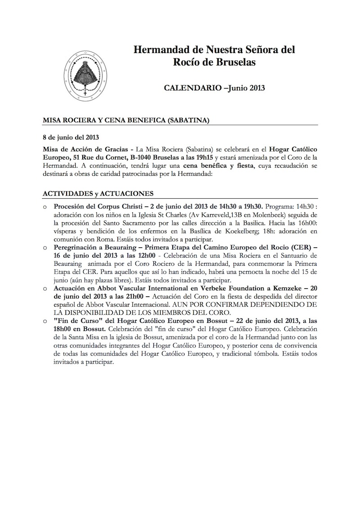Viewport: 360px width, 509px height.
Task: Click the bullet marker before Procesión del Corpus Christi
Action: tap(45, 207)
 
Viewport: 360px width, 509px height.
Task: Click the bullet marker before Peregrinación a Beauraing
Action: tap(45, 247)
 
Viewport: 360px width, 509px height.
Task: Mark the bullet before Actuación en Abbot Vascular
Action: tap(45, 288)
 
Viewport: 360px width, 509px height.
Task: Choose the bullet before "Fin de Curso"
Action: tap(45, 321)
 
